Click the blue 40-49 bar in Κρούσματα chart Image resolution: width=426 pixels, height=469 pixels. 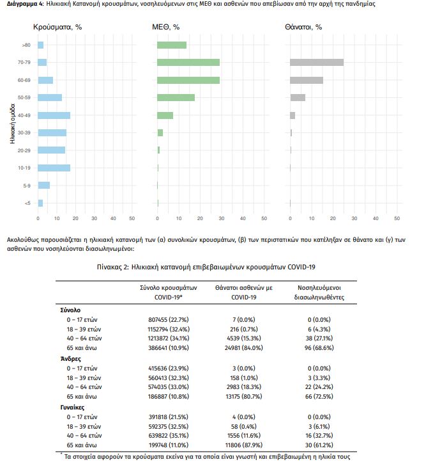[x=54, y=115]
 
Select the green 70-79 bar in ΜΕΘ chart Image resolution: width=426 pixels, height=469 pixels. [x=188, y=62]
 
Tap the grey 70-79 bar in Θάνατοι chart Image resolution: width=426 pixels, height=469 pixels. [x=317, y=62]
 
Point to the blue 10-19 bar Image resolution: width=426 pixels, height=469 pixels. [x=54, y=168]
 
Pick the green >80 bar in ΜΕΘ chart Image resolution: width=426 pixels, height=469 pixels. [x=172, y=45]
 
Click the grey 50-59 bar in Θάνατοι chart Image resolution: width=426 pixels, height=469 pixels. [x=298, y=97]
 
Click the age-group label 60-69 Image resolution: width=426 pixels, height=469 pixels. [x=24, y=80]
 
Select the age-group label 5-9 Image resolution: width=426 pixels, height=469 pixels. [x=27, y=186]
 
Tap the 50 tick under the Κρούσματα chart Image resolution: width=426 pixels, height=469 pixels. [x=132, y=218]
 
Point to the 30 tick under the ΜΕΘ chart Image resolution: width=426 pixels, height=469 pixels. [x=222, y=218]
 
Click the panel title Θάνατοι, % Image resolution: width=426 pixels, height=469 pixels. [x=303, y=28]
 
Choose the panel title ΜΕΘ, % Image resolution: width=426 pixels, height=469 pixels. [x=165, y=28]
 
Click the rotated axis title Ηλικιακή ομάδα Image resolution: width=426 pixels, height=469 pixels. [x=13, y=123]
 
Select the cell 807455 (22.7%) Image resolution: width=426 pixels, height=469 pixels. [x=169, y=320]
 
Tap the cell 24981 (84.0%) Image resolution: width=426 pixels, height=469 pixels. [x=243, y=348]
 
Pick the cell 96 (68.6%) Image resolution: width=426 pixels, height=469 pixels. [x=319, y=348]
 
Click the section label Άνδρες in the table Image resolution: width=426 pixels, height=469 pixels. [x=71, y=359]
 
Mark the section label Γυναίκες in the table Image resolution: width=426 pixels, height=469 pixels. [x=73, y=408]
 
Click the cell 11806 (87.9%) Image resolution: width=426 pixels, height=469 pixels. [x=243, y=445]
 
